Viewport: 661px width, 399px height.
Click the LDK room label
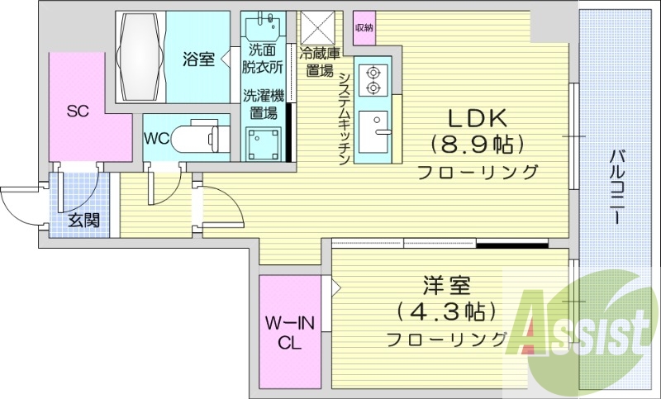click(x=477, y=117)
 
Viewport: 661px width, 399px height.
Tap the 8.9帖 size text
click(x=477, y=145)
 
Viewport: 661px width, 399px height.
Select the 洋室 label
click(x=446, y=287)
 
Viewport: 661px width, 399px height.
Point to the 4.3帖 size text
click(x=446, y=313)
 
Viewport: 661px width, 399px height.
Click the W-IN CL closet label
click(x=289, y=332)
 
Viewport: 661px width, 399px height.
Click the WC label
click(x=157, y=138)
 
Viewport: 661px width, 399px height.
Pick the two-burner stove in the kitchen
click(x=372, y=78)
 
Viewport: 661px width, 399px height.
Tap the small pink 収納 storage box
click(x=364, y=27)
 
